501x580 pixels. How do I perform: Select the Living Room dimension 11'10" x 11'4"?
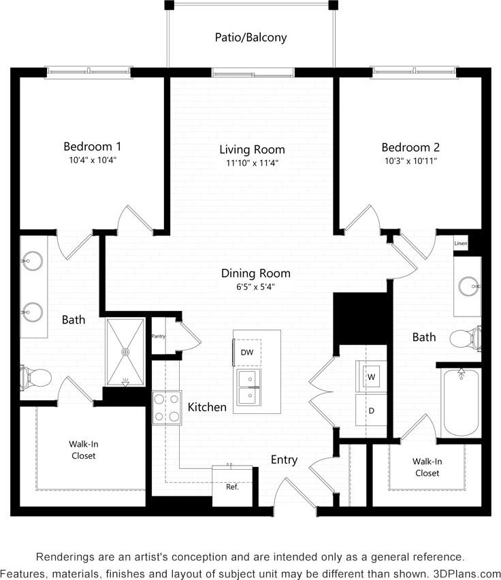252,163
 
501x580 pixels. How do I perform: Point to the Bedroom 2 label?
410,147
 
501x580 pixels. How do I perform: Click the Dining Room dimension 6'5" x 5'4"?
255,287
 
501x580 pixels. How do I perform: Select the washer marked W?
372,376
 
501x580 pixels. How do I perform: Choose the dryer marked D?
372,410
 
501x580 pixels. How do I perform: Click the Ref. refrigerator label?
232,487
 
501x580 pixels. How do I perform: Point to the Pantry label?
158,336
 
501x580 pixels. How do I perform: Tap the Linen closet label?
461,243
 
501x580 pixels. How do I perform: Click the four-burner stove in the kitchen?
166,408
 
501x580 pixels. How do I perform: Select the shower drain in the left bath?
125,351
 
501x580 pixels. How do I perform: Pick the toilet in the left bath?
37,376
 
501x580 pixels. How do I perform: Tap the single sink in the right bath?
468,286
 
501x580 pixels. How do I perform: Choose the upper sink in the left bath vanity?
31,259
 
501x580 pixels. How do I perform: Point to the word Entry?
284,460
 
